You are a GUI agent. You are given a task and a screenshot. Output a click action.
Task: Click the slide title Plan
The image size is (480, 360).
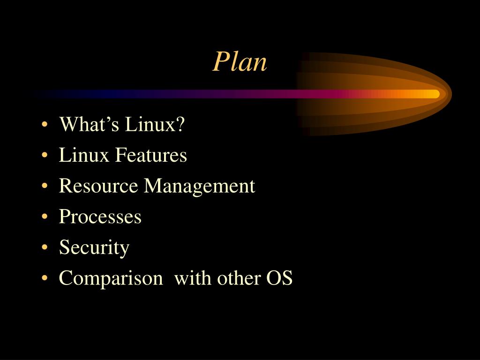240,62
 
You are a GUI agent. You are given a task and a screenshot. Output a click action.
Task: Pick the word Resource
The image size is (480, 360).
98,187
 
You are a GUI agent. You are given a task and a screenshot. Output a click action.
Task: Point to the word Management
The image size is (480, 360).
199,187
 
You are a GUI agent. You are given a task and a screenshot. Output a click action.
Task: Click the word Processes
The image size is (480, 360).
100,217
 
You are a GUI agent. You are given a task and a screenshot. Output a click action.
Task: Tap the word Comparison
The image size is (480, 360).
110,278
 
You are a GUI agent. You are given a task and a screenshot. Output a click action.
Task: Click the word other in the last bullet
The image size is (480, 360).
239,278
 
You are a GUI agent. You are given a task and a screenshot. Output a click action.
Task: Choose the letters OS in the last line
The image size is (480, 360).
279,278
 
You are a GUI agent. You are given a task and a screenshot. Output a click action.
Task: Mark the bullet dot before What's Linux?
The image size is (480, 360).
44,126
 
